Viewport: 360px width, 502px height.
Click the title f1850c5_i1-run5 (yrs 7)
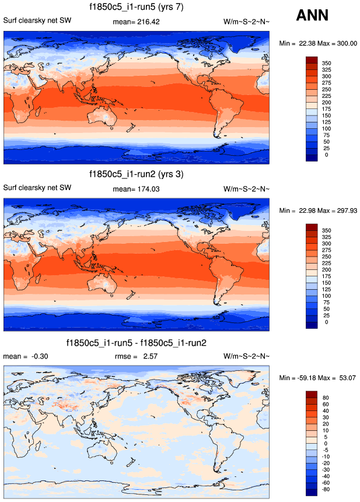pos(137,7)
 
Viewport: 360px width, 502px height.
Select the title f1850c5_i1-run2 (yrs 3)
pos(137,174)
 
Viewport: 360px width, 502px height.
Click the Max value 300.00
pos(345,44)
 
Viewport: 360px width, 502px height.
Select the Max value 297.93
pos(345,210)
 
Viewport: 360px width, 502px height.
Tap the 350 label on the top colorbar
pos(326,62)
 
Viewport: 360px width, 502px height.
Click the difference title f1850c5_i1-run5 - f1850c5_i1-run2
pos(137,342)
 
